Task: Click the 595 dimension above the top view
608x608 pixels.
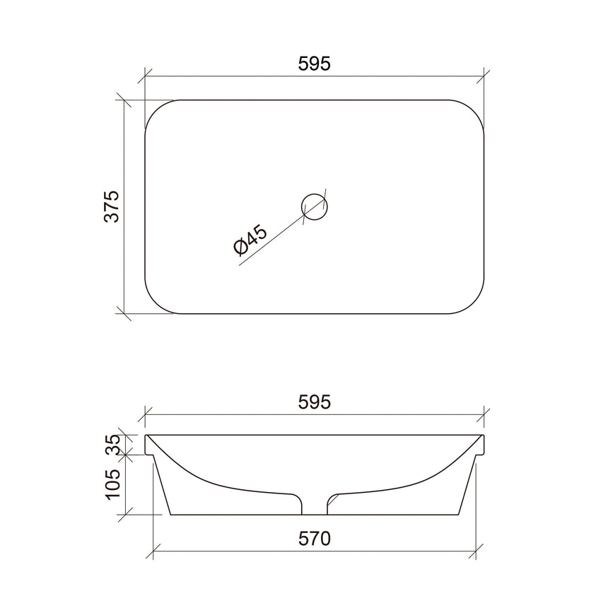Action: [315, 64]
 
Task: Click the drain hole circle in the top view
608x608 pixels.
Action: [315, 206]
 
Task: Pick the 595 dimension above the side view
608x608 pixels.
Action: [315, 402]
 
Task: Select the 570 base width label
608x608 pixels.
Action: [315, 539]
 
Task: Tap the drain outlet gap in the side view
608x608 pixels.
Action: [315, 503]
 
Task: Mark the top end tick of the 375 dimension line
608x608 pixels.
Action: [124, 100]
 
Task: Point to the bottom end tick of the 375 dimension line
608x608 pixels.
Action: [124, 312]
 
